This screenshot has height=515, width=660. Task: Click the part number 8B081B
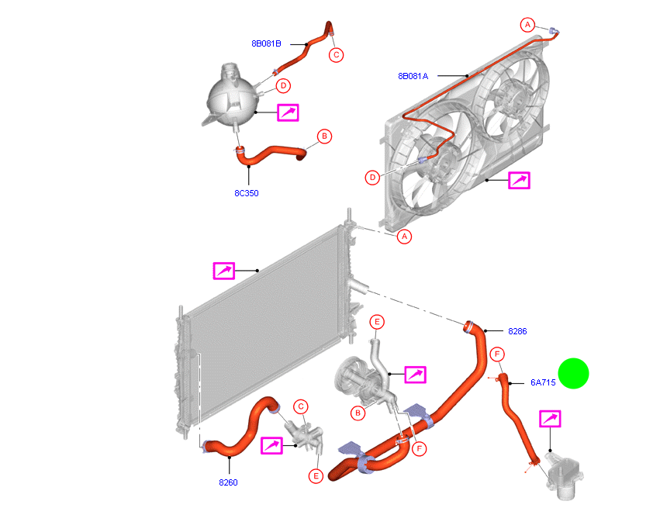[266, 44]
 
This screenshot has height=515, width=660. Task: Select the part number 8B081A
[413, 76]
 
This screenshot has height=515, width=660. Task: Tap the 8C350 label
[247, 193]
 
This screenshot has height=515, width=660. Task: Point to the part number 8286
[517, 331]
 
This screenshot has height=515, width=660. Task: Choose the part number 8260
[227, 482]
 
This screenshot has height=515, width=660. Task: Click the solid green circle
[573, 374]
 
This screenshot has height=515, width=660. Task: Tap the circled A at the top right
[528, 25]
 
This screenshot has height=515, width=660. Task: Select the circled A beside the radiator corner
[404, 237]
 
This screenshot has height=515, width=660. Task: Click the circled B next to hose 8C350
[324, 137]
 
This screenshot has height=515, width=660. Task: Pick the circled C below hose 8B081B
[337, 54]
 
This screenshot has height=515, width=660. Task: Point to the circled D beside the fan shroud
[373, 178]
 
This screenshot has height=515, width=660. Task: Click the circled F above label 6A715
[496, 354]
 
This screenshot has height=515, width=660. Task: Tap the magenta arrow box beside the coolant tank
[288, 112]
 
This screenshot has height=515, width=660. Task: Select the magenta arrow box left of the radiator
[224, 271]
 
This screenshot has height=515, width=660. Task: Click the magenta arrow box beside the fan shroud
[519, 181]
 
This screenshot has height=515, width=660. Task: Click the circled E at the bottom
[316, 475]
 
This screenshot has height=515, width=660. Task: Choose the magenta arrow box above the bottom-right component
[550, 420]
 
